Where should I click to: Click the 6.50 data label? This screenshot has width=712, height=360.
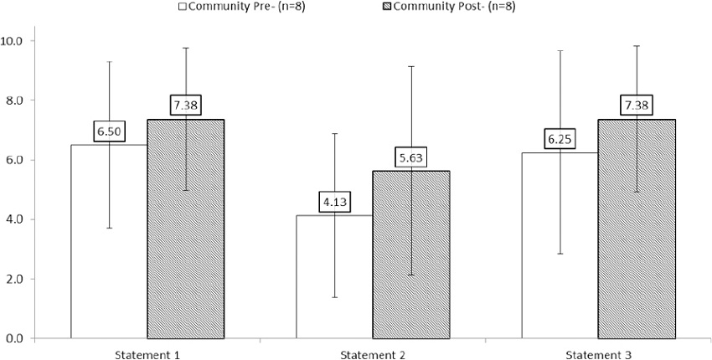[109, 132]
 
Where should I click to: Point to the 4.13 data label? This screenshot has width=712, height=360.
[334, 203]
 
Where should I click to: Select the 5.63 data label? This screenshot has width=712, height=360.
[411, 157]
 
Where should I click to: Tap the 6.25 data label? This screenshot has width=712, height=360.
[560, 139]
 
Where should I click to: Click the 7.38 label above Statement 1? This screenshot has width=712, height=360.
[186, 106]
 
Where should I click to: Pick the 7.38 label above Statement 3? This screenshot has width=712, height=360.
[637, 106]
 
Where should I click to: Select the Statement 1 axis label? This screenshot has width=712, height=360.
[147, 354]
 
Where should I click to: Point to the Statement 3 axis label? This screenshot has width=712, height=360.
[597, 354]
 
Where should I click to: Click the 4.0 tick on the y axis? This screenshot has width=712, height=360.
[17, 219]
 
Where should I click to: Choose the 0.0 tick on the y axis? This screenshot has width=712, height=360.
[17, 338]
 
